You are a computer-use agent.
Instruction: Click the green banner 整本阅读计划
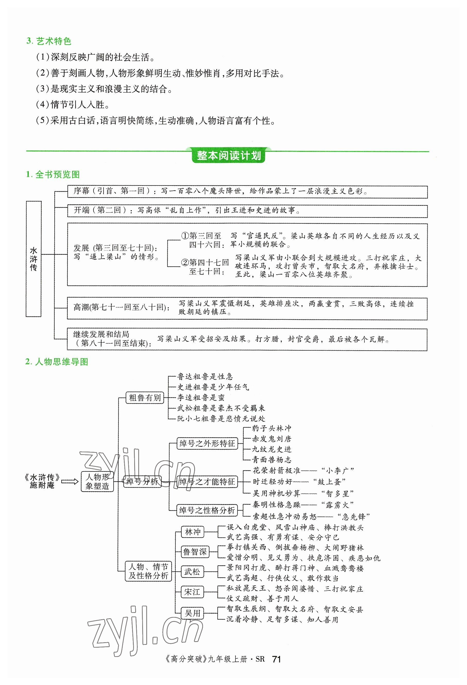pos(229,156)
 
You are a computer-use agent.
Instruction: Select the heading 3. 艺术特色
pos(49,41)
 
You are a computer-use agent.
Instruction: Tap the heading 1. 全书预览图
pos(53,174)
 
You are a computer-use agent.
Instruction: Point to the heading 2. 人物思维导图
pos(57,362)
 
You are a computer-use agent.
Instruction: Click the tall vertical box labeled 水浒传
pos(33,259)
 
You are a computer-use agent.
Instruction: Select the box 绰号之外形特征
pos(207,444)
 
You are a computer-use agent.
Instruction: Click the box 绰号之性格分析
pos(207,511)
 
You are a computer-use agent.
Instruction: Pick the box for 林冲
pos(192,532)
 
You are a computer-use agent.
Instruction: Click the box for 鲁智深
pos(195,552)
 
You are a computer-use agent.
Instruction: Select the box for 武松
pos(192,572)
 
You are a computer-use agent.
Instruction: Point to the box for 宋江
pos(192,592)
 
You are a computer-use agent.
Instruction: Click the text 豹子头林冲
pos(271,428)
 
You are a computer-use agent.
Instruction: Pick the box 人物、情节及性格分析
pos(148,571)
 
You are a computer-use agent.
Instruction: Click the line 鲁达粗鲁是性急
pos(205,376)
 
